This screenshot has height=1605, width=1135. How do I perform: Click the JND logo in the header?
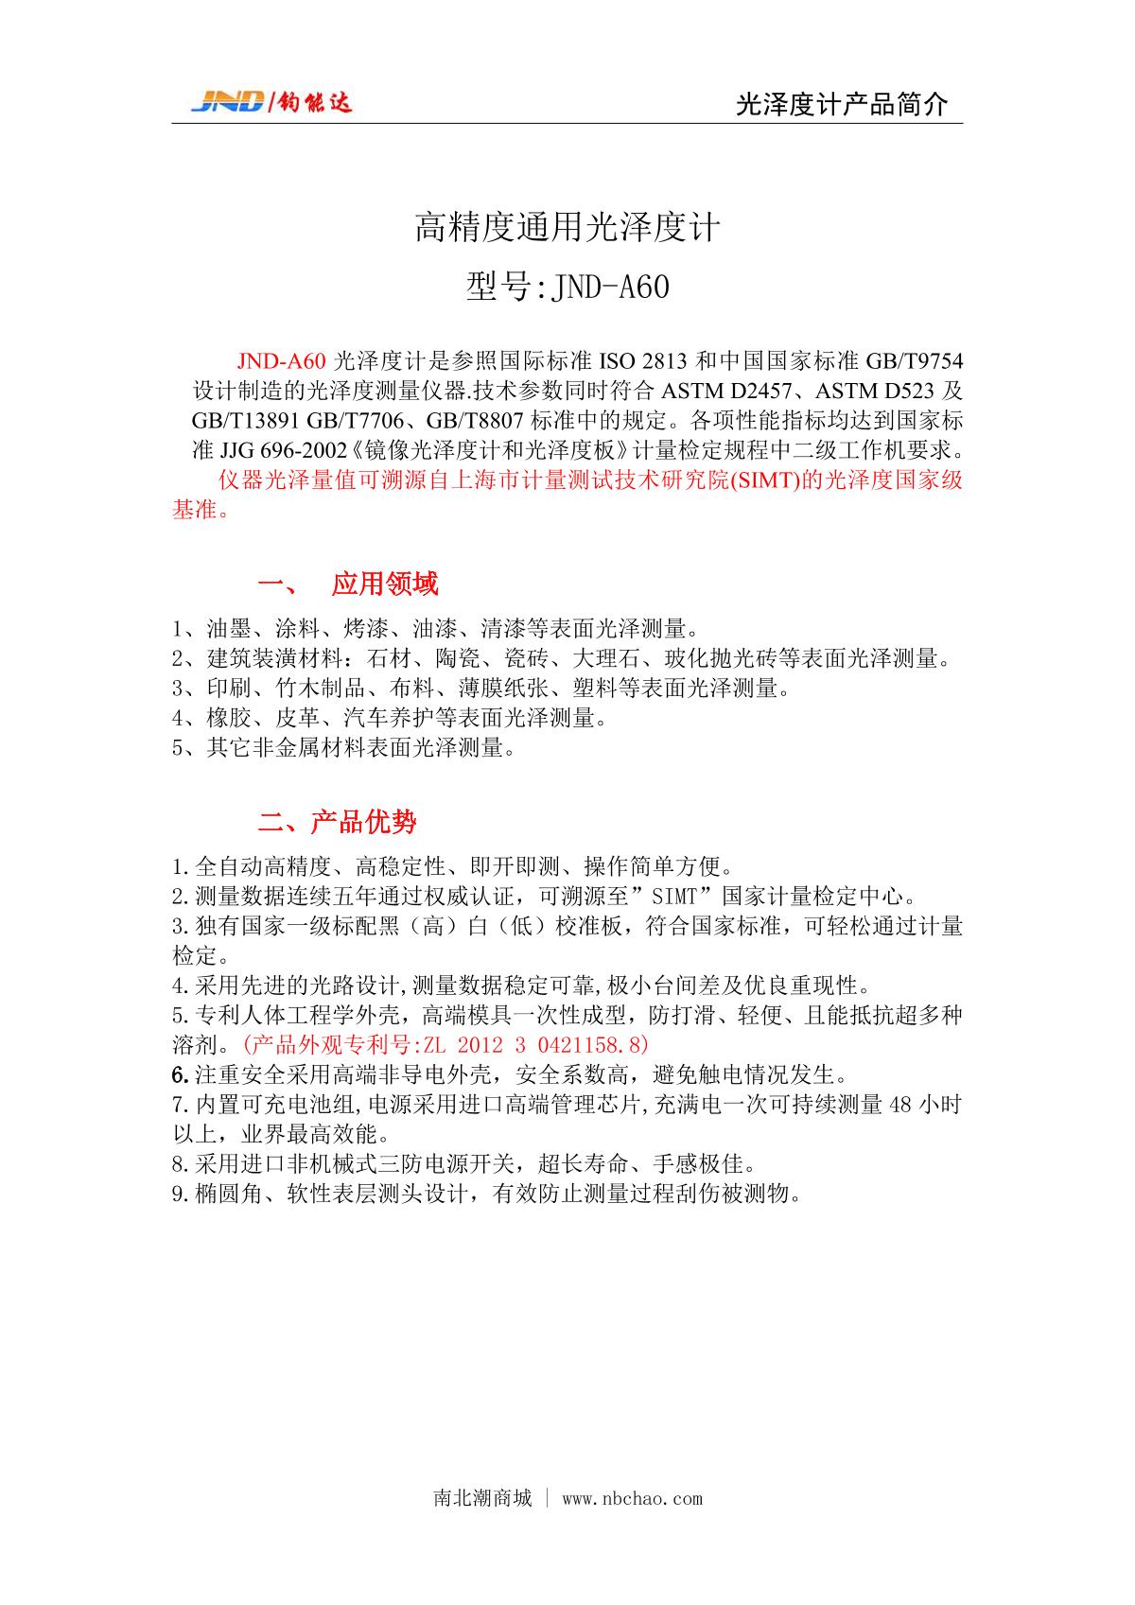(x=271, y=101)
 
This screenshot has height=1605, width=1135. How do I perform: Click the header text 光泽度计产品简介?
(x=841, y=105)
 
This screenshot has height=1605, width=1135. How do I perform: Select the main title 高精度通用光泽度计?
(x=567, y=228)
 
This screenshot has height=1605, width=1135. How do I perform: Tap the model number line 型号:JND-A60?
(x=567, y=286)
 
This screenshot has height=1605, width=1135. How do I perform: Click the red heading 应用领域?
(x=384, y=584)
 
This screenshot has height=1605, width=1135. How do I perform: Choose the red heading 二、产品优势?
(x=337, y=822)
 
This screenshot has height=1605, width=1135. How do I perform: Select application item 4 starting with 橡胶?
(x=389, y=718)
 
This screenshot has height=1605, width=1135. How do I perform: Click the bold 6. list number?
(x=181, y=1075)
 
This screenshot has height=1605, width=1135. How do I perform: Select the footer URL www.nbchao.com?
(x=632, y=1498)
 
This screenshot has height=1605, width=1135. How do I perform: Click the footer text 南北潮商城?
(x=482, y=1498)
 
